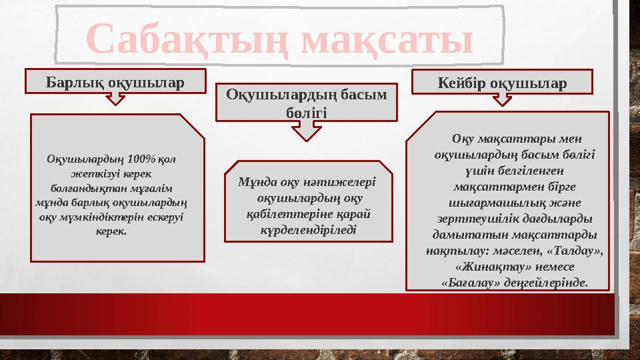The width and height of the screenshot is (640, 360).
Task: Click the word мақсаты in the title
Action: (387, 39)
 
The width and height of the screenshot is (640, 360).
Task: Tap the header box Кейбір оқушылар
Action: (502, 83)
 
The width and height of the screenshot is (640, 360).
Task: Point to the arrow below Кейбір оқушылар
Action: (502, 99)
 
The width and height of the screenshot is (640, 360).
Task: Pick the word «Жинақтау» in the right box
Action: (487, 266)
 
